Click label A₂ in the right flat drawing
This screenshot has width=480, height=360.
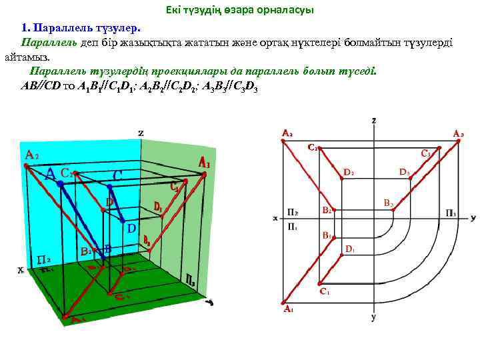point(287,133)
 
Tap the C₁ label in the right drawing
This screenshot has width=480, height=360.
point(324,291)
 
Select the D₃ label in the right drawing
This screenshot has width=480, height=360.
point(405,172)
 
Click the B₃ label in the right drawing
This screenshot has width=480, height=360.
point(388,202)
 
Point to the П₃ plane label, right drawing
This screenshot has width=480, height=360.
point(451,213)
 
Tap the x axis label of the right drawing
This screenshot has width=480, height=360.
point(275,218)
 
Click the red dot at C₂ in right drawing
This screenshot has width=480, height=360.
point(319,149)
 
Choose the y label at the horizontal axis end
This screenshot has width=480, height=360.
point(473,217)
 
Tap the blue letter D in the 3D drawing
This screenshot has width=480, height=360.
point(131,228)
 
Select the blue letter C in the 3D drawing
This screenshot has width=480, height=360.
point(117,176)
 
